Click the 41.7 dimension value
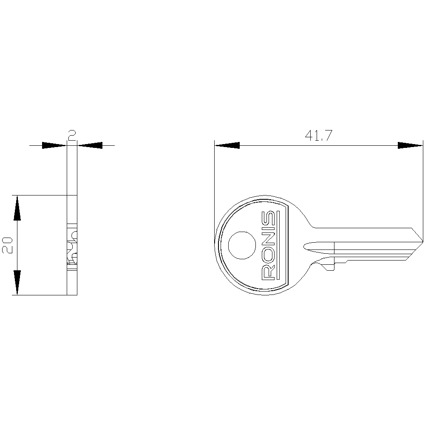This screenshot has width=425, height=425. (318, 136)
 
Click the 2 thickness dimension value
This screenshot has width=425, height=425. (72, 136)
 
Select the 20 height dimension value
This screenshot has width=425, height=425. (7, 245)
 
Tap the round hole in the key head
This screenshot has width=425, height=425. (242, 245)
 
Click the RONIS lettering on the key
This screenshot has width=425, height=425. (268, 245)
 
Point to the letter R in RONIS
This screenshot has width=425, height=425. (268, 272)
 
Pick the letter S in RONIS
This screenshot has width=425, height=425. (268, 218)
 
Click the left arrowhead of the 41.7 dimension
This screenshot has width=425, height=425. (227, 145)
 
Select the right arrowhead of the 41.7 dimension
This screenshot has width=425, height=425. (410, 145)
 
